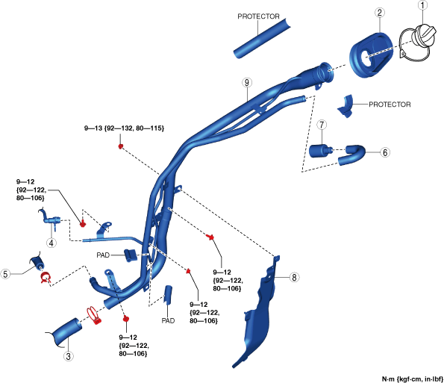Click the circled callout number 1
click(x=422, y=6)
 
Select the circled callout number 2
click(x=379, y=13)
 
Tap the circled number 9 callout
click(x=247, y=83)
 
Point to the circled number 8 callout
click(x=295, y=277)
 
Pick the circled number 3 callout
click(x=68, y=356)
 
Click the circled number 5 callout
click(x=5, y=274)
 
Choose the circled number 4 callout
click(x=51, y=243)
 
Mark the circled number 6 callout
click(x=385, y=152)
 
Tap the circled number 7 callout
click(x=322, y=125)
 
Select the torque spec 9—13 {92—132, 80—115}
click(x=124, y=128)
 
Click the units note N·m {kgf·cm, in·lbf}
click(x=412, y=379)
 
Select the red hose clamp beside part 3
click(x=94, y=315)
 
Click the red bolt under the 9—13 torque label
click(x=121, y=146)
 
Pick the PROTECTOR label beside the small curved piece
click(x=390, y=105)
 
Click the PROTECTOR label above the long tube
click(x=258, y=16)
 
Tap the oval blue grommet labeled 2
click(x=371, y=55)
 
